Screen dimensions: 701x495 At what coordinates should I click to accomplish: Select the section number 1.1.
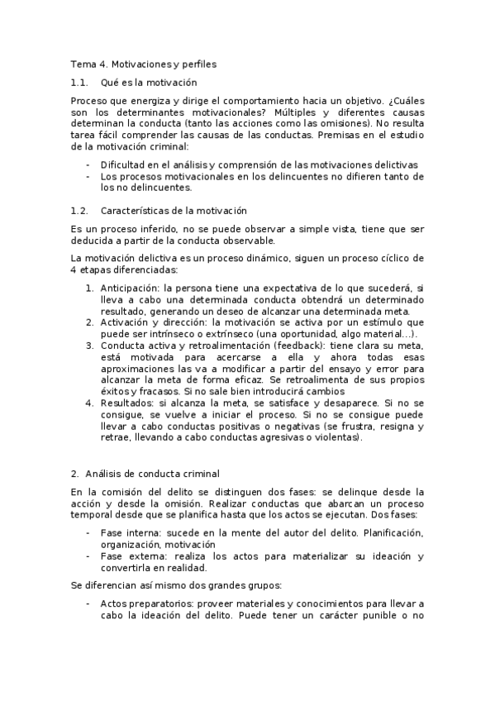79,83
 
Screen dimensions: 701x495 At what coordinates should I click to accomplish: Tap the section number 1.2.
79,211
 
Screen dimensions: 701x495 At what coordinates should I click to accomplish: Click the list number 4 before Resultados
88,403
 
